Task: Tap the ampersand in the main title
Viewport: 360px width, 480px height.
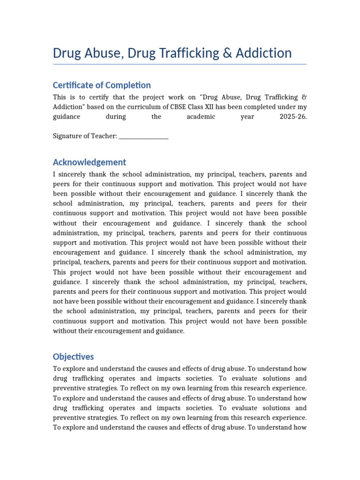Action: tap(227, 53)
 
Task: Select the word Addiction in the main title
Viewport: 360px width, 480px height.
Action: tap(263, 53)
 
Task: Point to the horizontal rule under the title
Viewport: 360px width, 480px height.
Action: tap(180, 64)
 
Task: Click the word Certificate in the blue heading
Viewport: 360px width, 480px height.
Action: tap(75, 85)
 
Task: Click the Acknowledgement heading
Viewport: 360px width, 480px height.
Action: tap(90, 162)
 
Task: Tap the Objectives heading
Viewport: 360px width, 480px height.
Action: tap(74, 357)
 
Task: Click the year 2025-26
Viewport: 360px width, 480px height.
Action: tap(293, 117)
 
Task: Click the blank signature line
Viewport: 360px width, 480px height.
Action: tap(144, 137)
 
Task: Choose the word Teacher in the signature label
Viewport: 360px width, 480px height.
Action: tap(104, 136)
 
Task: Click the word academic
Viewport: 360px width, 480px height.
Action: tap(201, 117)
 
